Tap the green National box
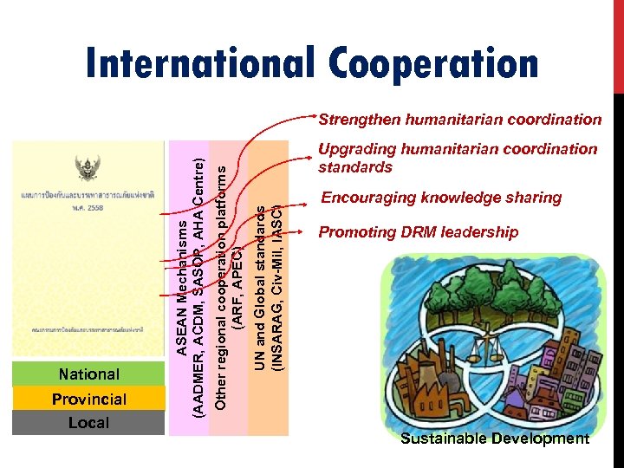click(88, 374)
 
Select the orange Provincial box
click(88, 399)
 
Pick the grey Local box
click(88, 423)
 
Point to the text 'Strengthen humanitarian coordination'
click(459, 119)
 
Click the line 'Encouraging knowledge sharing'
click(441, 198)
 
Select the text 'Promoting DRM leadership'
click(419, 232)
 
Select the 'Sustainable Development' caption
click(494, 439)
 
